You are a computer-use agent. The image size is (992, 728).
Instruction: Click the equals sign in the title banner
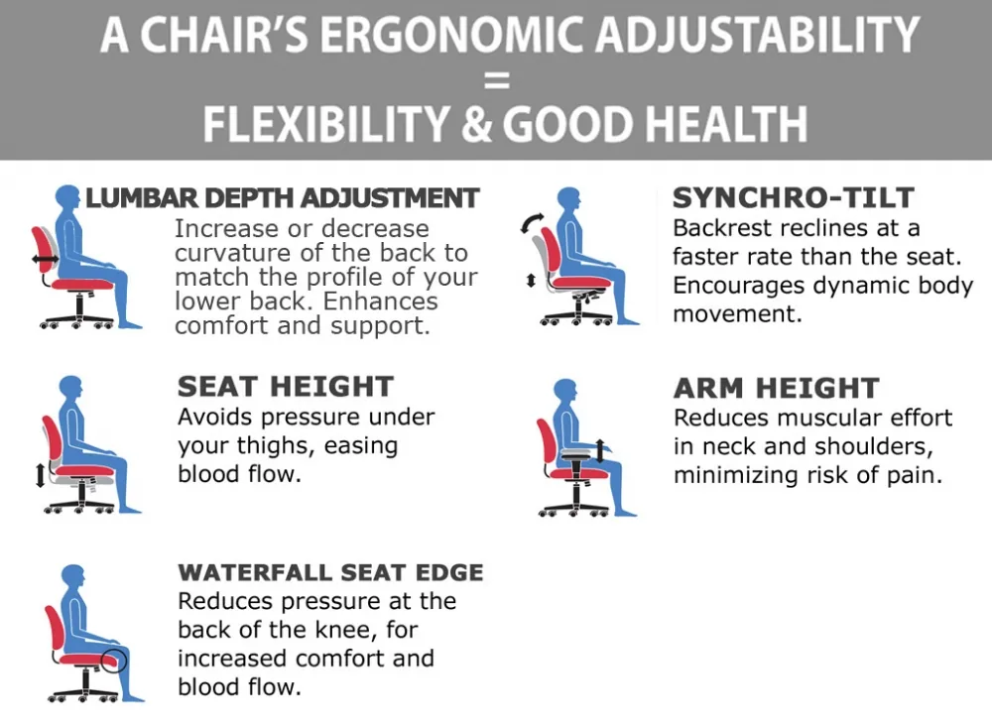[497, 80]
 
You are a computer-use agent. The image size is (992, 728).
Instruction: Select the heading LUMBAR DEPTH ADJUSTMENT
[282, 198]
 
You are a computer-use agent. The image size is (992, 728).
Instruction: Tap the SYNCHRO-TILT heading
[793, 198]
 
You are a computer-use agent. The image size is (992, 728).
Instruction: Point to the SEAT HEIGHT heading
[286, 387]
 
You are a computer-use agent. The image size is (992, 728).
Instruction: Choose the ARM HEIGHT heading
[777, 388]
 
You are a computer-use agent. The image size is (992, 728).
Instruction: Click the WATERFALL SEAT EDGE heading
[331, 572]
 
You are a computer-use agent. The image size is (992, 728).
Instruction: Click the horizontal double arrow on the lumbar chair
[46, 258]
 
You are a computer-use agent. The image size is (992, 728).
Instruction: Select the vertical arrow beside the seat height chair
[40, 475]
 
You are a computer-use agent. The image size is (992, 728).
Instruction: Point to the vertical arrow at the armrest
[600, 450]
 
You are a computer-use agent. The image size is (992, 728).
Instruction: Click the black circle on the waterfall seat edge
[114, 662]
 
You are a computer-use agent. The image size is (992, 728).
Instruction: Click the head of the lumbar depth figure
[67, 196]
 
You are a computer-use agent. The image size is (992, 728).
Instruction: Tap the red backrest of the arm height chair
[547, 440]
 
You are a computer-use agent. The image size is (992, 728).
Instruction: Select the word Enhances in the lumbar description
[380, 302]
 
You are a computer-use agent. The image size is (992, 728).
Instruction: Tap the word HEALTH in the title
[726, 123]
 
